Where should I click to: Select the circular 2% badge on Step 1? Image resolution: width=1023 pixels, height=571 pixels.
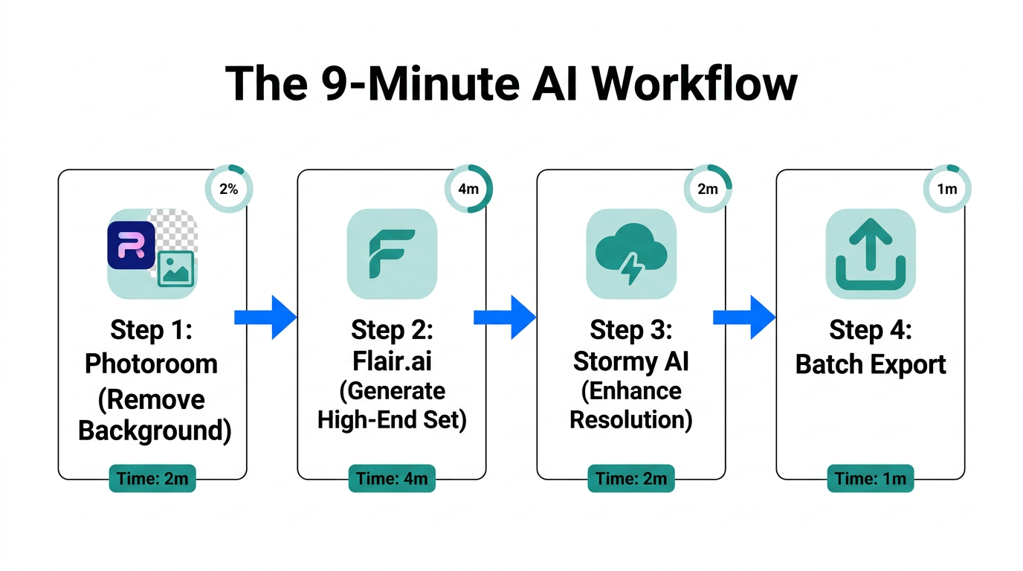[x=229, y=189]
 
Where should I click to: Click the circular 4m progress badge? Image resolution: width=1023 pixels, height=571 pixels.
[x=468, y=189]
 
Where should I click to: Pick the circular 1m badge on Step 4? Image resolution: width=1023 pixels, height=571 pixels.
[x=947, y=189]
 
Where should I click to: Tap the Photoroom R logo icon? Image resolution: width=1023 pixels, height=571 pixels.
[x=132, y=245]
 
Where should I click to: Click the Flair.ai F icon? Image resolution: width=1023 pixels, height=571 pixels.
[x=392, y=254]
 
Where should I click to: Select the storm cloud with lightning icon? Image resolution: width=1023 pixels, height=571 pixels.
[x=631, y=254]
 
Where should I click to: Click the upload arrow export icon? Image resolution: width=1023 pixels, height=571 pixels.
[x=871, y=254]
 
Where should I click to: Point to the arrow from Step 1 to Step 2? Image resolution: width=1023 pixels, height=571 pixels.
[x=265, y=317]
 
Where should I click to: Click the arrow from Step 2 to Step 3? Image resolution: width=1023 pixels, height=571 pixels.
[x=505, y=317]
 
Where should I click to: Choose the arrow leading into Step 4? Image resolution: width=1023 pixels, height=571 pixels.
[x=744, y=317]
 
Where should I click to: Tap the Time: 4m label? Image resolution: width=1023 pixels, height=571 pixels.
[x=392, y=479]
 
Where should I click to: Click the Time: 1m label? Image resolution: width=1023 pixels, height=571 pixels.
[x=871, y=479]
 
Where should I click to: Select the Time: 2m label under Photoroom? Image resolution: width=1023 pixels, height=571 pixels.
[x=152, y=479]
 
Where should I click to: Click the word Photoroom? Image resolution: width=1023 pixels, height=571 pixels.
[x=151, y=364]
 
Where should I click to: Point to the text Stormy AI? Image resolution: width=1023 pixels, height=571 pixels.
[x=631, y=362]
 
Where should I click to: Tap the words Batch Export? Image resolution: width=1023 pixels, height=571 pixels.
[x=871, y=365]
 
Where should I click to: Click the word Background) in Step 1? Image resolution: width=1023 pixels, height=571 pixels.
[x=154, y=430]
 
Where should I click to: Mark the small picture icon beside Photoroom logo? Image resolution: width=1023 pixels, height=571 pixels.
[x=176, y=269]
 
